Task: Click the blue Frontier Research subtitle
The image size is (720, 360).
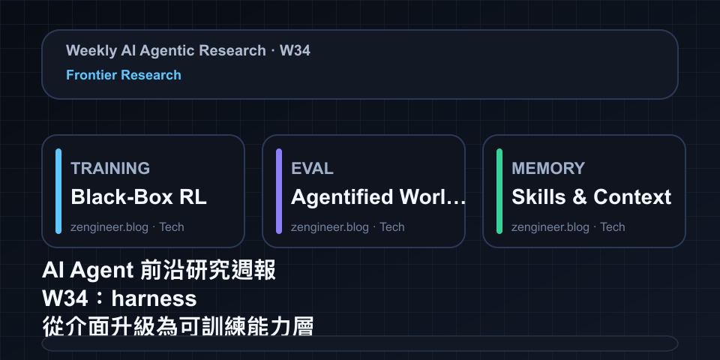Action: point(124,75)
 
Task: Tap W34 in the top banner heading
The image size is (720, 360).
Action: point(295,50)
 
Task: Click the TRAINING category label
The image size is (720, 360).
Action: point(110,169)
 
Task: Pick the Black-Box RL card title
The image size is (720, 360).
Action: point(139,197)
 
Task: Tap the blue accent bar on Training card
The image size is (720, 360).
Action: point(58,191)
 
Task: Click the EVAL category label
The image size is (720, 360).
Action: point(312,169)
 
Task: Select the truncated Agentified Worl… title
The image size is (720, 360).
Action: point(378,197)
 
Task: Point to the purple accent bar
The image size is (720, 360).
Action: point(279,191)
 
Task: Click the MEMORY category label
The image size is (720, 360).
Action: point(548,169)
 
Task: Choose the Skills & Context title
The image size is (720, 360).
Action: point(592,197)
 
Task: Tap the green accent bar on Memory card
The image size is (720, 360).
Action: point(499,191)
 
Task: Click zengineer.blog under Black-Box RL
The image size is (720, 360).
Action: point(109,227)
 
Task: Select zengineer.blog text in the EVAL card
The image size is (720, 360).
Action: point(330,227)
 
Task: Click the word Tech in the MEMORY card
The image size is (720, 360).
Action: point(613,227)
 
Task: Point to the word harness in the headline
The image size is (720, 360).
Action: point(154,299)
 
